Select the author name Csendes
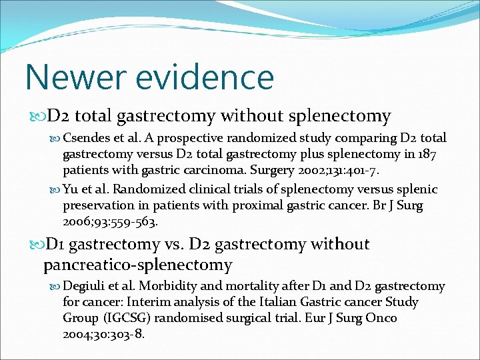(86, 138)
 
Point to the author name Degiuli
(83, 286)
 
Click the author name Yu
(70, 189)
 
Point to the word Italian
(271, 302)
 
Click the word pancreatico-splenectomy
(138, 265)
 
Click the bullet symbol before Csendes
(55, 139)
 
